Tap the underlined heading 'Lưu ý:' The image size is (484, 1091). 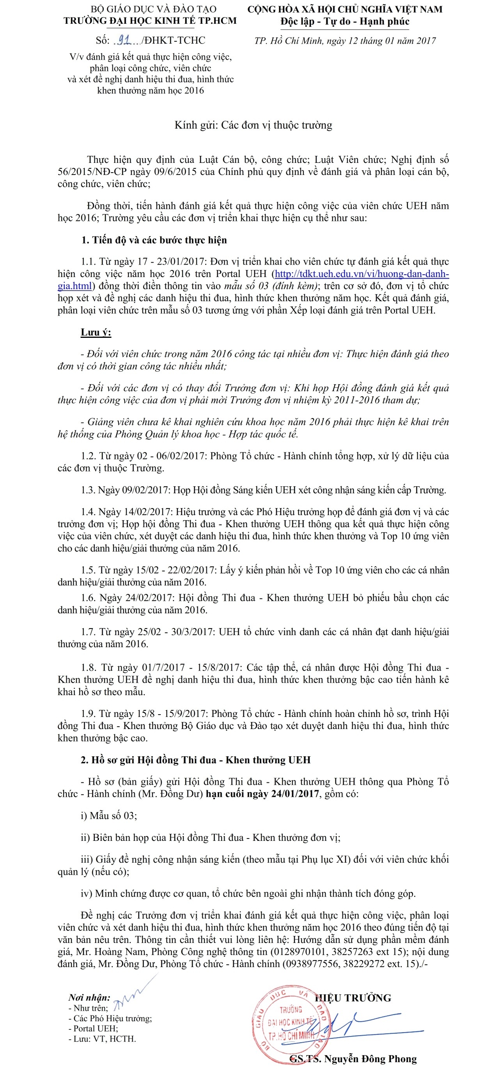96,332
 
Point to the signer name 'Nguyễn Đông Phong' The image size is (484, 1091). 370,1059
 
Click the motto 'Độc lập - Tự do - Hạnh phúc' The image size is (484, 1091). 344,21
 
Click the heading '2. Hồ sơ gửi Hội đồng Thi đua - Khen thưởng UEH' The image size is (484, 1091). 195,760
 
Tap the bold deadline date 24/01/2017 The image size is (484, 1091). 295,793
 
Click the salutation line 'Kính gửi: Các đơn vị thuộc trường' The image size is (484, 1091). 253,125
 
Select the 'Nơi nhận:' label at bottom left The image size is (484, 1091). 89,998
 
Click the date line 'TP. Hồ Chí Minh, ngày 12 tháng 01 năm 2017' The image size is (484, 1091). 345,41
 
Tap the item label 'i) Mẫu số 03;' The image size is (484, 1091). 109,815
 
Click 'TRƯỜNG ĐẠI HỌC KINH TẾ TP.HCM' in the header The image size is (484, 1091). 150,20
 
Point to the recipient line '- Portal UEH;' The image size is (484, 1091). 93,1028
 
